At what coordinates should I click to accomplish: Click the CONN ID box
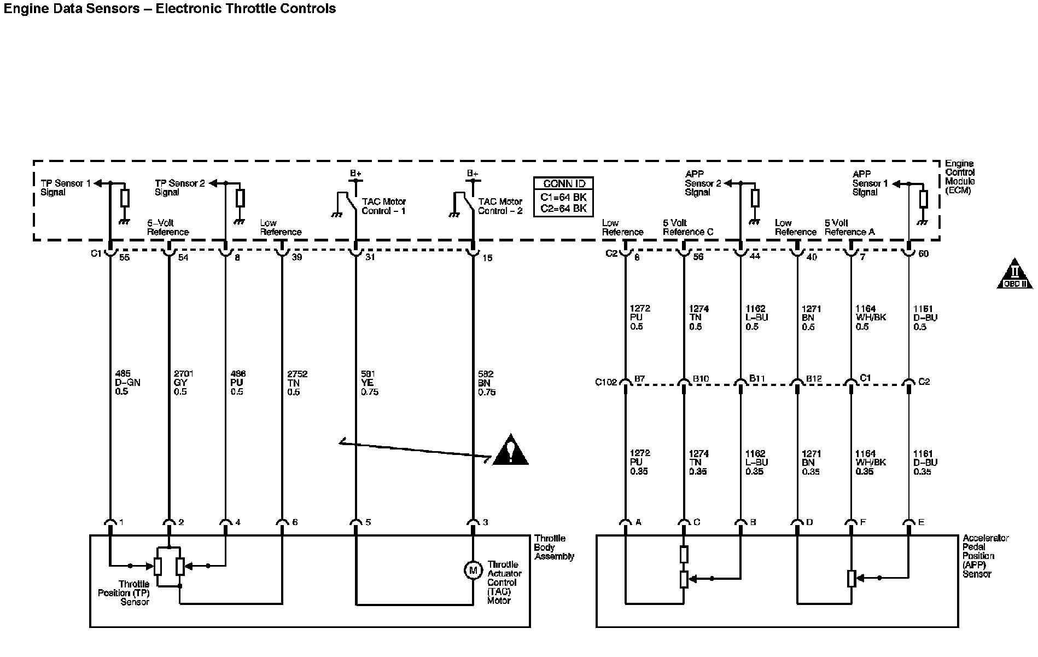(x=563, y=197)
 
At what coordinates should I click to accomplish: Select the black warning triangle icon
(x=510, y=450)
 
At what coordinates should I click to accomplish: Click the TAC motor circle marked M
(x=471, y=570)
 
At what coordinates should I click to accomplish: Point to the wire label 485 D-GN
(x=127, y=383)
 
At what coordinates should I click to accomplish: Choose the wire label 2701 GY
(x=183, y=383)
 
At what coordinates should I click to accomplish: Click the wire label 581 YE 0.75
(x=369, y=383)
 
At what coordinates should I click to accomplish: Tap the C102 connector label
(x=605, y=382)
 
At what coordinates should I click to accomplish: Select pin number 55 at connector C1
(x=125, y=257)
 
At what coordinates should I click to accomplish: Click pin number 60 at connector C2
(x=923, y=254)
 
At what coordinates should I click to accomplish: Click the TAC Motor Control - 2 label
(x=500, y=206)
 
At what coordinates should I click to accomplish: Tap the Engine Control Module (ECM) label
(x=960, y=177)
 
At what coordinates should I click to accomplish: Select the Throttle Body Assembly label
(x=554, y=547)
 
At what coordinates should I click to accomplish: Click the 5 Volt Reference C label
(x=688, y=228)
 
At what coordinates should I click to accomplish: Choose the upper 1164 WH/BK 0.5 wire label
(x=871, y=318)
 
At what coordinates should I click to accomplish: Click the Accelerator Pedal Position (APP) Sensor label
(x=985, y=556)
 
